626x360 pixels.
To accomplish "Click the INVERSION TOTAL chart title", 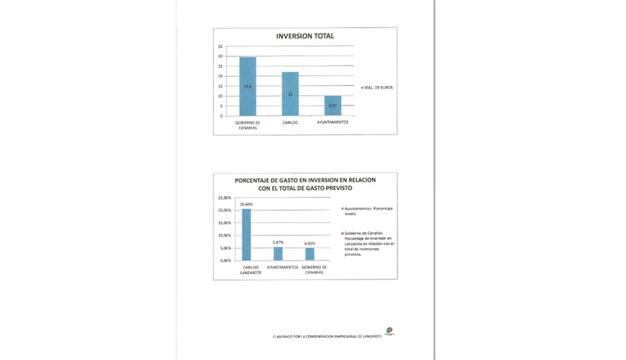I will tap(304, 36).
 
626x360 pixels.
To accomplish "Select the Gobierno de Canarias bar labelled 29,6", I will tap(247, 86).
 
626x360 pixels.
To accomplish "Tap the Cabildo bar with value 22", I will tap(290, 94).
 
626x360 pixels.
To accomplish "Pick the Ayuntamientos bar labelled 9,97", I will tap(333, 106).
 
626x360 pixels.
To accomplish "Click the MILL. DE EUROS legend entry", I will tap(377, 87).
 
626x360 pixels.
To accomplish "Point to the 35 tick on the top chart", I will tap(221, 47).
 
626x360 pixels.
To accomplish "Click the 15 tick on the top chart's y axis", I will tap(221, 86).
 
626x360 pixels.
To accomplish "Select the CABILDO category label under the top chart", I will tap(290, 122).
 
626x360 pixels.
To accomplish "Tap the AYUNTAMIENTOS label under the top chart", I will tap(333, 122).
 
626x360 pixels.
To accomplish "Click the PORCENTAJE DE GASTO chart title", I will tap(304, 184).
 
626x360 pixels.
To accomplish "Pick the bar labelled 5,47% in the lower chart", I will tap(278, 254).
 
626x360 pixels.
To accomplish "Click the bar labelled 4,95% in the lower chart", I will tap(310, 254).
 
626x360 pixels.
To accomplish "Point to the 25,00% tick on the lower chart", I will tap(225, 198).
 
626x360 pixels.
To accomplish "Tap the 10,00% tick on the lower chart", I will tap(225, 236).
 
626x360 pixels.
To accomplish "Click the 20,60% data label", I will tap(246, 204).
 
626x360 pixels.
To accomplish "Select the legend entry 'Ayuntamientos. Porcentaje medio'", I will tap(368, 211).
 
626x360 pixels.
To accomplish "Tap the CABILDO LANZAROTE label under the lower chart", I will tap(246, 270).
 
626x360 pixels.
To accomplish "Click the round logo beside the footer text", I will tap(389, 333).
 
